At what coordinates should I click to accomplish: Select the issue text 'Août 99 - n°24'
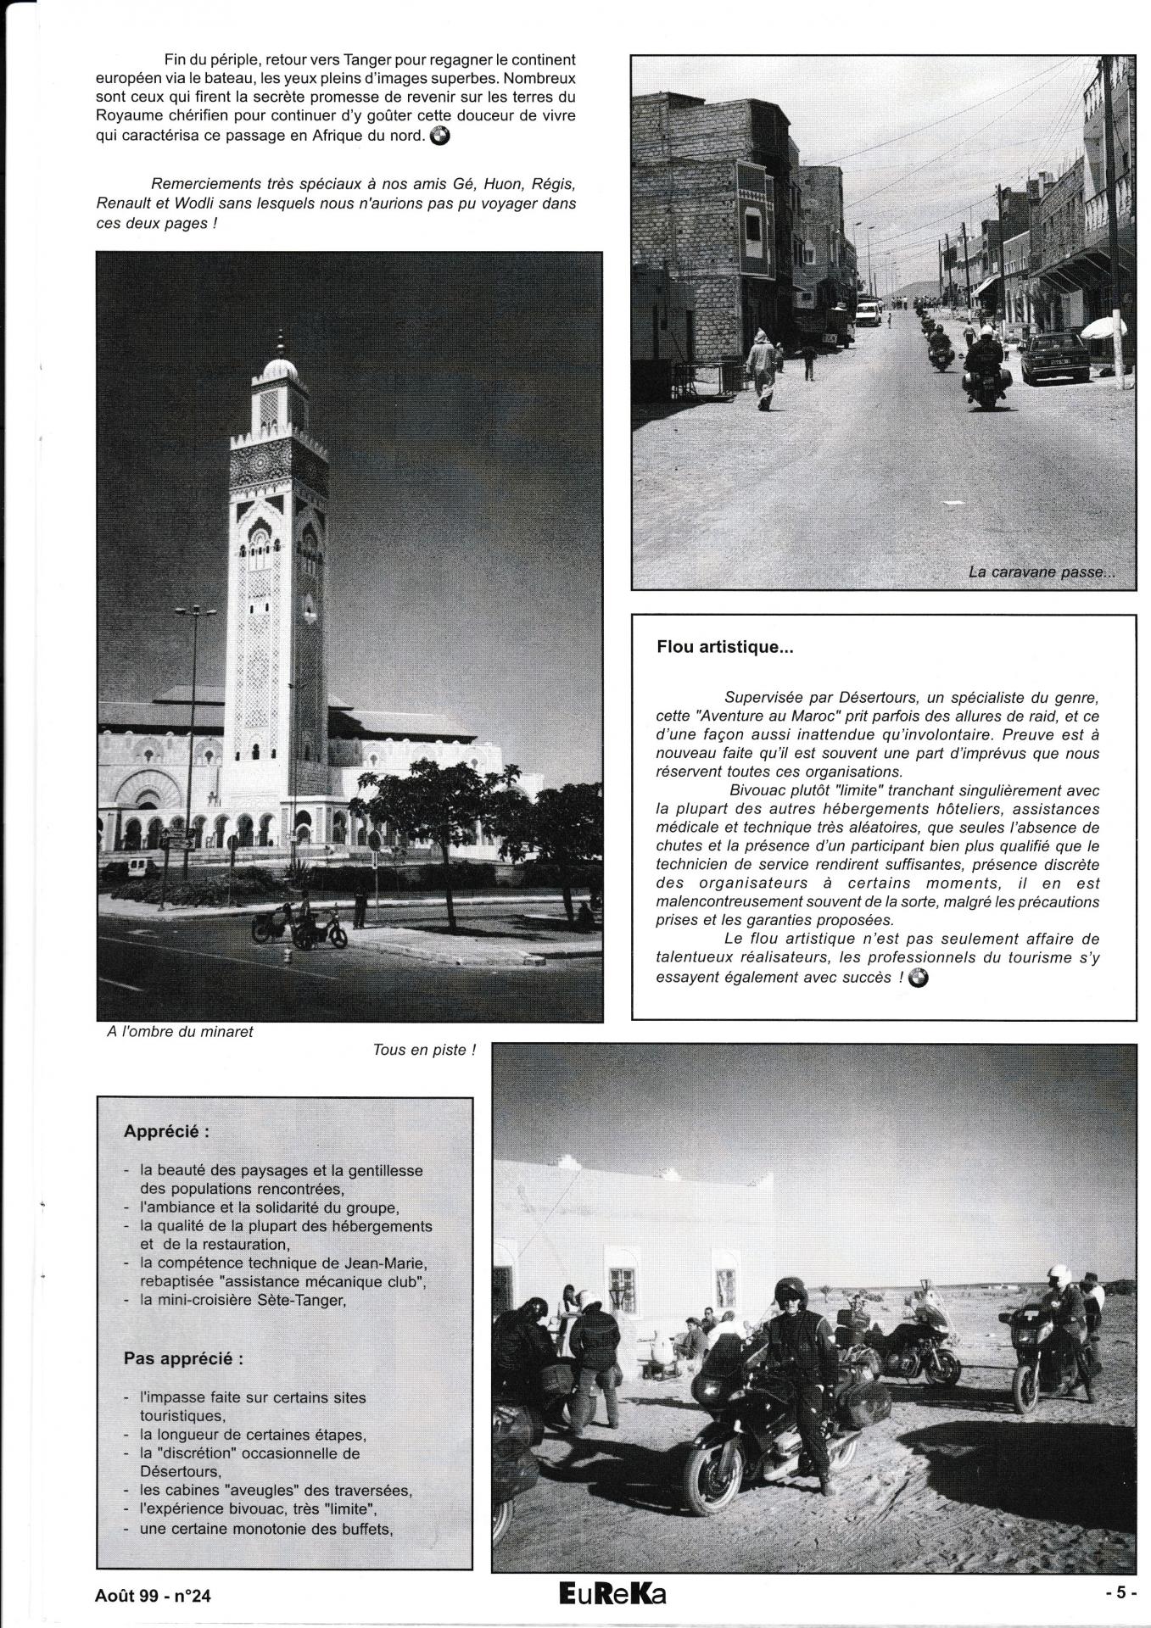[154, 1595]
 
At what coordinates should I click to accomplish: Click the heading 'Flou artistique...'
[724, 647]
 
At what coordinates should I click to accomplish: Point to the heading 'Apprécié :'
[166, 1131]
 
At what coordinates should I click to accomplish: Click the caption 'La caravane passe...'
[1041, 572]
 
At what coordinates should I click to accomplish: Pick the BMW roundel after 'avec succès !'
[918, 978]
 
